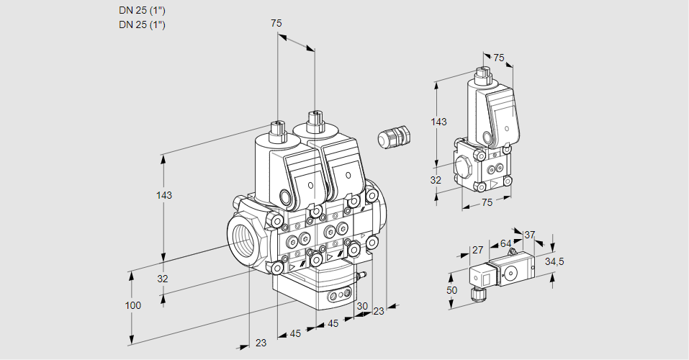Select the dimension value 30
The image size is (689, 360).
(x=361, y=305)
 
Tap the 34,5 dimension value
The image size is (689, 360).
(x=554, y=261)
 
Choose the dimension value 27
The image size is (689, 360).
(x=477, y=250)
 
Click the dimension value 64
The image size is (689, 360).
(x=506, y=243)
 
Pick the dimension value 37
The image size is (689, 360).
(x=529, y=235)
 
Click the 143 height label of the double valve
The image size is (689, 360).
(x=165, y=195)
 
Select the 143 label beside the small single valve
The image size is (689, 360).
(x=438, y=122)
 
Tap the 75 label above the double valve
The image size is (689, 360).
(x=276, y=23)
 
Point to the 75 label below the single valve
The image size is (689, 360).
(x=487, y=202)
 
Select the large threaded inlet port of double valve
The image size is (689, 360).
(x=241, y=237)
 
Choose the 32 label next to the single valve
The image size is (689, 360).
(x=436, y=180)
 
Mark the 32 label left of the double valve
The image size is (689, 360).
(x=163, y=279)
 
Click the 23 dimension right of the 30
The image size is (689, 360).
(x=379, y=311)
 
